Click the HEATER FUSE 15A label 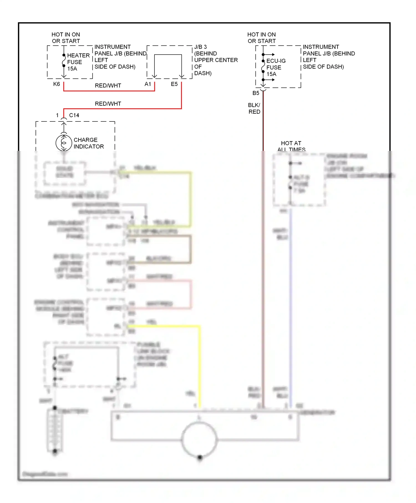coord(78,62)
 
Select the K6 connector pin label coord(57,84)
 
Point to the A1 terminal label coord(148,84)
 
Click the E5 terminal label coord(174,84)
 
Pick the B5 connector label coord(256,93)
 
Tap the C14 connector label coord(74,115)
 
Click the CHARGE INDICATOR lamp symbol coord(64,143)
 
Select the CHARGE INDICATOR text coord(88,143)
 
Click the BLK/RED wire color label coord(254,108)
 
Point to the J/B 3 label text coord(201,47)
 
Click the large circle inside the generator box coord(199,439)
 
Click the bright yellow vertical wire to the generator coord(199,366)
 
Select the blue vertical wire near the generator coord(290,305)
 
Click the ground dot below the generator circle coord(200,457)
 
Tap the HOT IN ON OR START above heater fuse coord(66,38)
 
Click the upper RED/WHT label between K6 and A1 coord(108,86)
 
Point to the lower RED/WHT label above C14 coord(108,104)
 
